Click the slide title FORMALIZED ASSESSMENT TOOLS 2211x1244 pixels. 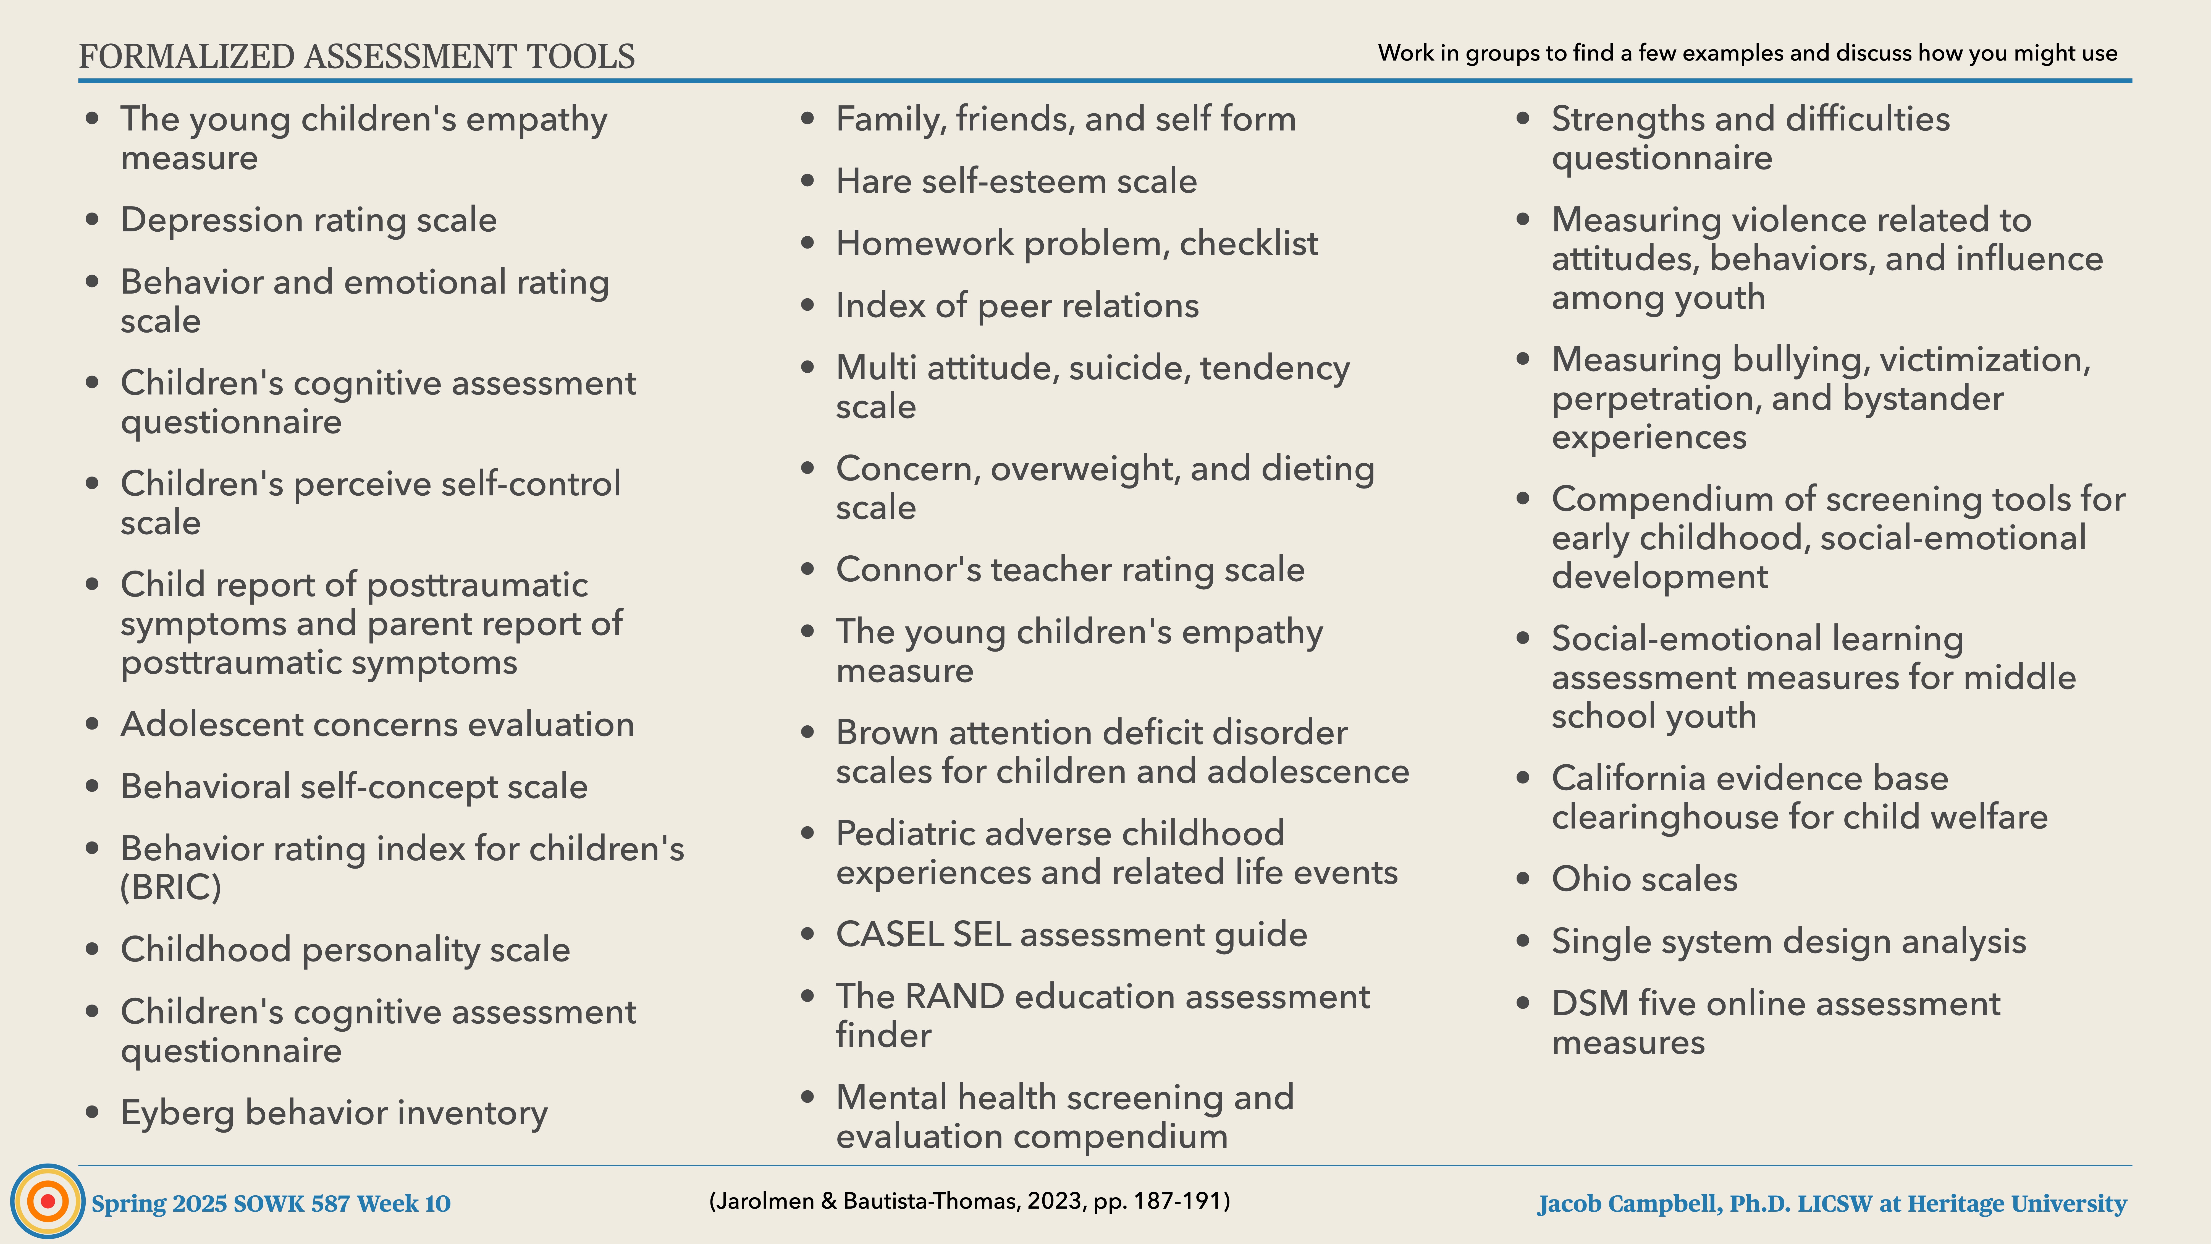point(356,57)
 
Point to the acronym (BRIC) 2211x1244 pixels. point(171,887)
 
